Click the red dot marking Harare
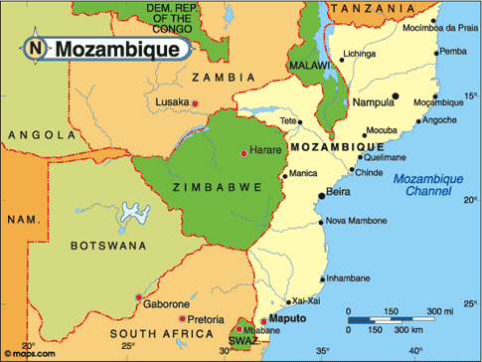[244, 152]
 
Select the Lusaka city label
[172, 102]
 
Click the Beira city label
[338, 195]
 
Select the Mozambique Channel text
[423, 184]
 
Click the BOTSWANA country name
[108, 245]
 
